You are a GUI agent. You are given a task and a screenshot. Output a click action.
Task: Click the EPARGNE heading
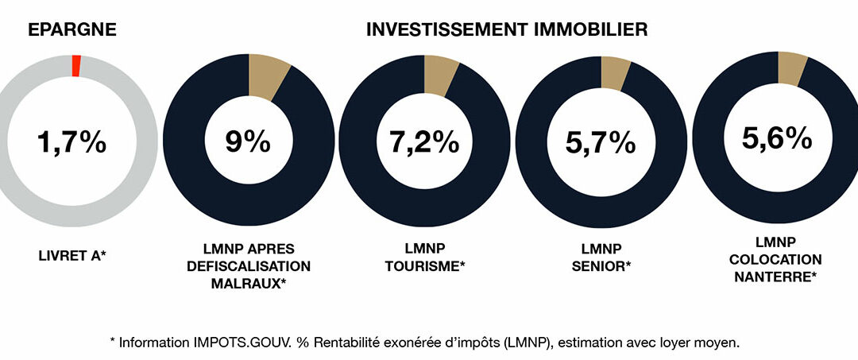[71, 30]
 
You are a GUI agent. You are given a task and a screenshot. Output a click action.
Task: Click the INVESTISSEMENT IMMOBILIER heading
[507, 30]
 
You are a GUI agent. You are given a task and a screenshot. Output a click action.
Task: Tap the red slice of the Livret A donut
[76, 66]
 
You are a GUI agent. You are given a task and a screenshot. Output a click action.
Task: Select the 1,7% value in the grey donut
[71, 143]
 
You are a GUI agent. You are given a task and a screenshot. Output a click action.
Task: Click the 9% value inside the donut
[248, 143]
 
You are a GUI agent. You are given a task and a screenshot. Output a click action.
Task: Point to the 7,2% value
[423, 143]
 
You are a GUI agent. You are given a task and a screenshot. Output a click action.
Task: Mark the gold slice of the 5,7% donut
[614, 72]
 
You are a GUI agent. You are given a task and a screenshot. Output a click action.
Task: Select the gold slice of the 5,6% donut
[790, 67]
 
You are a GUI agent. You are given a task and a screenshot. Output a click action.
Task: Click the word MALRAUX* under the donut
[248, 282]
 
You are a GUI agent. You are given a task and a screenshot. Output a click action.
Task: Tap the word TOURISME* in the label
[424, 266]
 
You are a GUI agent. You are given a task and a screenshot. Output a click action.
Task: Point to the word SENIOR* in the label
[601, 266]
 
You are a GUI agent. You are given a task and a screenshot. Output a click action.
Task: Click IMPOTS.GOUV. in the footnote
[238, 343]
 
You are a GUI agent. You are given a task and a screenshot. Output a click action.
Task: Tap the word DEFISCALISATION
[248, 266]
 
